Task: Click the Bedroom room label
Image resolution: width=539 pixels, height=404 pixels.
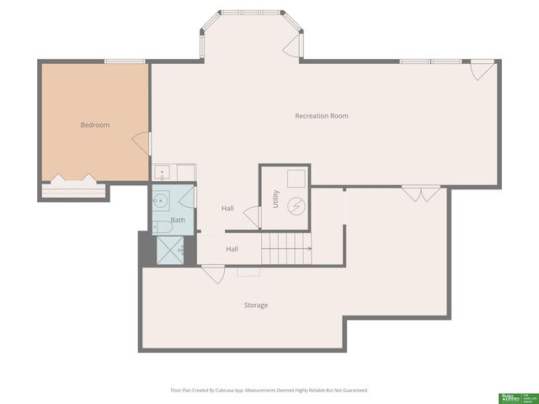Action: point(94,125)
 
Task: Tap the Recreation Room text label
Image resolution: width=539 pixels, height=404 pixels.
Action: point(321,115)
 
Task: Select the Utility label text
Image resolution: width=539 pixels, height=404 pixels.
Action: point(275,199)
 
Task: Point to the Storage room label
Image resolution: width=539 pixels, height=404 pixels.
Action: point(256,305)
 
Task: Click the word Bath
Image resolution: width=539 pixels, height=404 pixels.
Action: point(178,221)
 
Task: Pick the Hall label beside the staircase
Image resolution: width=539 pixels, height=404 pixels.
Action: point(232,249)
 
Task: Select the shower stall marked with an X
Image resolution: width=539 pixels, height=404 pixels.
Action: point(172,250)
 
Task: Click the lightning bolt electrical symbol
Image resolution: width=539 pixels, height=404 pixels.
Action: point(296,205)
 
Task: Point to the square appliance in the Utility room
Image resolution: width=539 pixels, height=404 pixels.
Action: point(296,178)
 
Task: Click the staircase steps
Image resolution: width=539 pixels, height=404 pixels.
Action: point(286,249)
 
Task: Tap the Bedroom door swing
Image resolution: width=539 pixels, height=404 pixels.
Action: point(141,144)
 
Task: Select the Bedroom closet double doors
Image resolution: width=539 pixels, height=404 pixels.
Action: point(73,179)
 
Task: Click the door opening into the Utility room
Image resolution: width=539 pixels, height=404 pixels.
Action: point(252,216)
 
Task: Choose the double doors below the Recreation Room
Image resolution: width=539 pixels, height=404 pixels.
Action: point(421,194)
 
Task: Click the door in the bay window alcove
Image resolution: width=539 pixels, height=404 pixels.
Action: point(291,45)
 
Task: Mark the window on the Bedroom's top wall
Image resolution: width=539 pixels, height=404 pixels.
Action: point(124,61)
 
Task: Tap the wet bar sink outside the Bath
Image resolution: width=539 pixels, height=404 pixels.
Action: point(163,173)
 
